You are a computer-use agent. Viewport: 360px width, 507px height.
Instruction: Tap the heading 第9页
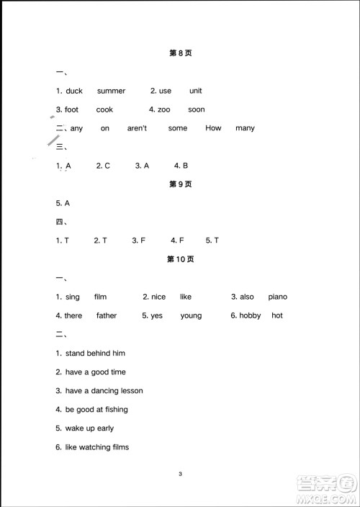[x=180, y=184]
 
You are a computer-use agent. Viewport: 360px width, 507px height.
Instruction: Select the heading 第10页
[x=180, y=259]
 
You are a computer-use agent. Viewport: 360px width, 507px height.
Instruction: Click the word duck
[x=74, y=91]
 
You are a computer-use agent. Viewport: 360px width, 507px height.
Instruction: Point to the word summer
[x=111, y=91]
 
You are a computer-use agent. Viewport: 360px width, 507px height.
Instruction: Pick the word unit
[x=196, y=91]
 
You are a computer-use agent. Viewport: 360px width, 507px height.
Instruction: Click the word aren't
[x=137, y=128]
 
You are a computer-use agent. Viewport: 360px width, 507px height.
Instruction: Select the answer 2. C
[x=103, y=166]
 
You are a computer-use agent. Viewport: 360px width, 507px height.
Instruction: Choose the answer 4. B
[x=181, y=166]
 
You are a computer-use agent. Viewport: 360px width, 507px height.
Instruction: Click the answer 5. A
[x=63, y=203]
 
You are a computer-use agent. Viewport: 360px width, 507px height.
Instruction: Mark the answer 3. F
[x=140, y=241]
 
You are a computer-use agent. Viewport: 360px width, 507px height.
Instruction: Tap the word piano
[x=277, y=297]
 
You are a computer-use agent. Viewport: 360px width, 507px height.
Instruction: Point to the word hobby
[x=251, y=315]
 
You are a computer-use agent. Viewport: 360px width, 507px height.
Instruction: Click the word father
[x=106, y=315]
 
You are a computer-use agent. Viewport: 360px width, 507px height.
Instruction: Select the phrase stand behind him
[x=95, y=353]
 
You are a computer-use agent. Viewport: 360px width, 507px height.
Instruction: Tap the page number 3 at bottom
[x=181, y=474]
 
